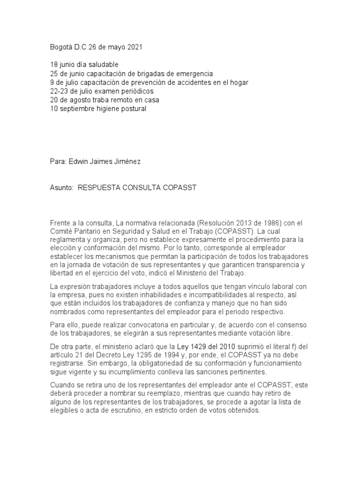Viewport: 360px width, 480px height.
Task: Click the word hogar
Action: click(x=237, y=82)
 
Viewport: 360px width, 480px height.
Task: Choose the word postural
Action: click(x=133, y=109)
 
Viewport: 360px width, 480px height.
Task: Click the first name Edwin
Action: click(x=79, y=162)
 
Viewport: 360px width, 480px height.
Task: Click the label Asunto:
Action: click(x=62, y=188)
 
